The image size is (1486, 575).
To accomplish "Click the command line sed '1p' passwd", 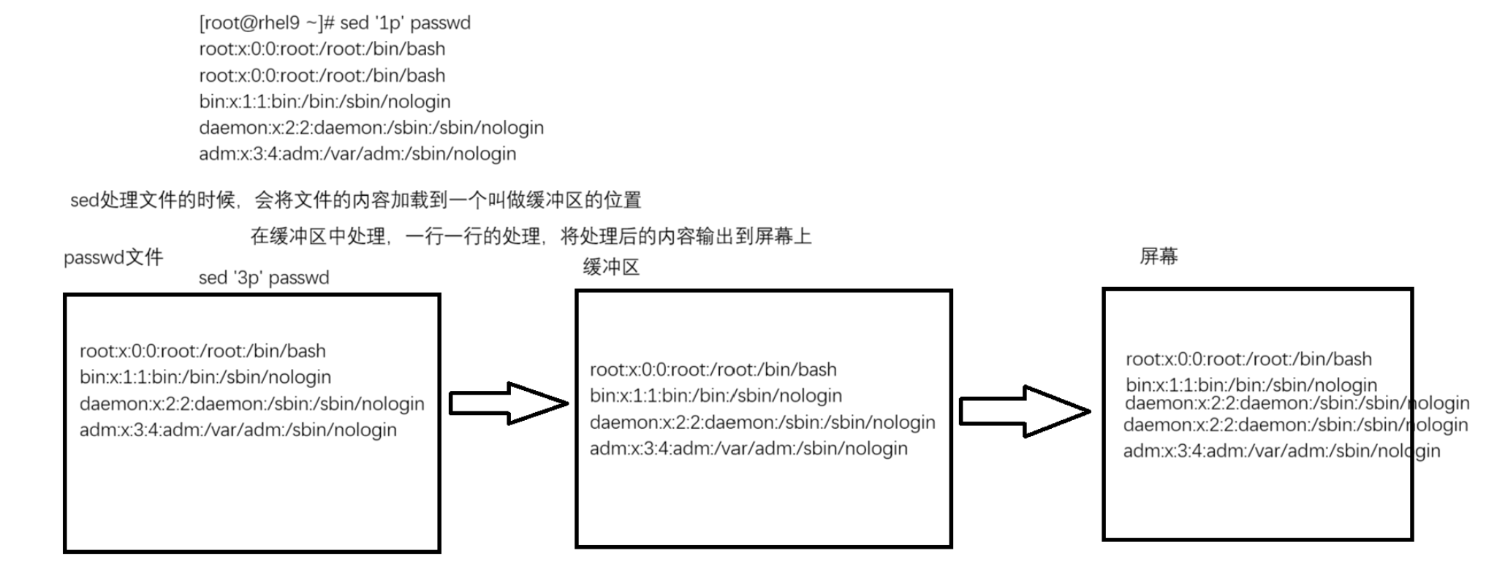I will click(x=334, y=23).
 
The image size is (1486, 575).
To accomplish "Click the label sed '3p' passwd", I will click(x=264, y=278).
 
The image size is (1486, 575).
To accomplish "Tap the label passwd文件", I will click(x=113, y=257).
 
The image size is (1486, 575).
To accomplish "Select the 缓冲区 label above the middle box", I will click(x=611, y=267).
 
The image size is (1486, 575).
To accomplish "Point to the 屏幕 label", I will click(x=1159, y=256).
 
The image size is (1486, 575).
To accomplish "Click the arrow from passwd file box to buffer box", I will click(x=507, y=403).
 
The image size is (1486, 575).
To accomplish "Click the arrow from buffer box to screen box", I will click(x=1023, y=411).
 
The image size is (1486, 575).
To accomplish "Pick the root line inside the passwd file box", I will click(x=202, y=351).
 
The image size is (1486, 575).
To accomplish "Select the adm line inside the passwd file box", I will click(x=238, y=430).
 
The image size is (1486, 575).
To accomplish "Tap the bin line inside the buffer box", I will click(x=716, y=396).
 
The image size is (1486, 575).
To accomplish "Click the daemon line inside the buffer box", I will click(x=762, y=422).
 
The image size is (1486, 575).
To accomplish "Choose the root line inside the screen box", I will click(x=1248, y=359).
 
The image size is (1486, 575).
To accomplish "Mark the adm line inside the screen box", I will click(x=1281, y=451).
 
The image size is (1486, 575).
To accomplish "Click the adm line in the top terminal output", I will click(x=357, y=154).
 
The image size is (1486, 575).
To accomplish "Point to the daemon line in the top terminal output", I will click(x=371, y=128).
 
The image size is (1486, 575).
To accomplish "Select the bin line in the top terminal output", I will click(x=325, y=102).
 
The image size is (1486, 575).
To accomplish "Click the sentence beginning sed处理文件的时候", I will click(x=355, y=200).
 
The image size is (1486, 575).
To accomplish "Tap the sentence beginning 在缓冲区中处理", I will click(x=531, y=236).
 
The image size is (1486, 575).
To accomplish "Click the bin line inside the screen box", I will click(x=1251, y=385).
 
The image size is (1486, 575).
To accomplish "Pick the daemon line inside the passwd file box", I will click(x=251, y=404).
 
